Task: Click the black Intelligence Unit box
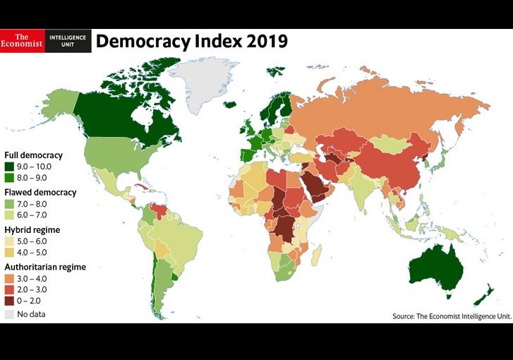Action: tap(68, 41)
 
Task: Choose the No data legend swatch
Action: tap(9, 314)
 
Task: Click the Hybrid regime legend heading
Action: tap(32, 230)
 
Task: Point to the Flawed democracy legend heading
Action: tap(40, 192)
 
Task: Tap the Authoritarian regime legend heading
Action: tap(45, 268)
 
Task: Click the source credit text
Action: tap(452, 316)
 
